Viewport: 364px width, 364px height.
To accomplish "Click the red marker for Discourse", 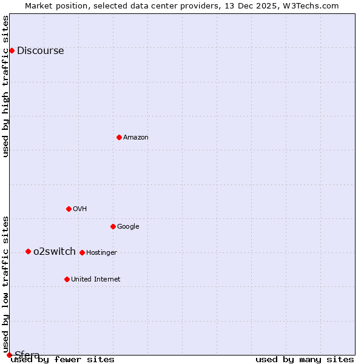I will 12,50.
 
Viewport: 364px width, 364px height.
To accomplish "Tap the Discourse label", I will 40,51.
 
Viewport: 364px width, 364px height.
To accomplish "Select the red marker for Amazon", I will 119,137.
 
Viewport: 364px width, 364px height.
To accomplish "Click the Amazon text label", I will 136,138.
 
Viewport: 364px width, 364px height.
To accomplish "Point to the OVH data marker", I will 69,209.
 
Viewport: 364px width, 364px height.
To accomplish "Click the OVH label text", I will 80,209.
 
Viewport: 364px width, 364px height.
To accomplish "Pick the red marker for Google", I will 113,226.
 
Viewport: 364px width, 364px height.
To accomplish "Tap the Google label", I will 128,227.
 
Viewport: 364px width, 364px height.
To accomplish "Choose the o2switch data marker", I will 28,251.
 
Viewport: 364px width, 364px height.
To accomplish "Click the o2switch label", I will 55,252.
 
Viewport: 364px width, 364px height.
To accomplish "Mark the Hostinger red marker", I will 82,252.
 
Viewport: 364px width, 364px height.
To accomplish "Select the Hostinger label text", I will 101,253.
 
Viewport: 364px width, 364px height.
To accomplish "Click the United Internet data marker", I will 67,279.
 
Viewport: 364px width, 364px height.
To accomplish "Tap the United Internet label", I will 95,280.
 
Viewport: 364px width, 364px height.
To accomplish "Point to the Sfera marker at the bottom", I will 9,355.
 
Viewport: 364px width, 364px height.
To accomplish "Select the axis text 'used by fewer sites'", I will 62,360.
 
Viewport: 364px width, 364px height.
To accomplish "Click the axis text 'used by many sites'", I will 305,360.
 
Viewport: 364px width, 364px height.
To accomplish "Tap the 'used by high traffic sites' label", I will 5,86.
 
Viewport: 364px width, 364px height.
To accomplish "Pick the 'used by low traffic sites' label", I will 5,284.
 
